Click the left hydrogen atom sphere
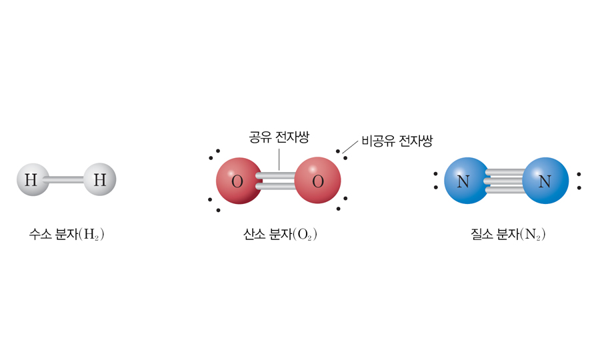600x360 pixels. (x=33, y=179)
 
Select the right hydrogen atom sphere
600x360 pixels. (x=100, y=179)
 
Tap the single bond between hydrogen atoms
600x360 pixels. (x=67, y=179)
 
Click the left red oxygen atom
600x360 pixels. (x=239, y=181)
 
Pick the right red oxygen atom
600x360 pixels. (x=317, y=180)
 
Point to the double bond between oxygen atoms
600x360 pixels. (x=279, y=181)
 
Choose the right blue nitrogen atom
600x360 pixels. (x=545, y=181)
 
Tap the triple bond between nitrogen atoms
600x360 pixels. (x=506, y=181)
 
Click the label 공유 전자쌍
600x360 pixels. (x=279, y=137)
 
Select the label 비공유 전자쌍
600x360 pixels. (x=397, y=141)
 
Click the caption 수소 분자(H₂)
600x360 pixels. (x=67, y=234)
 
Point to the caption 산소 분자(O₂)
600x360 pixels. (x=280, y=234)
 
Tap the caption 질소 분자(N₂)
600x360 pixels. (x=508, y=234)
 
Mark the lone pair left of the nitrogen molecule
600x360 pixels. (x=435, y=181)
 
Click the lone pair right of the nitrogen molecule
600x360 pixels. (x=579, y=181)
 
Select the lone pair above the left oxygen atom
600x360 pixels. (x=214, y=154)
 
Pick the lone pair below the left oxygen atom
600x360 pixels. (x=214, y=205)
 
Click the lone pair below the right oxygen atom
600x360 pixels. (x=342, y=203)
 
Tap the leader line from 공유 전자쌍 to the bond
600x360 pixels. (x=279, y=159)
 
